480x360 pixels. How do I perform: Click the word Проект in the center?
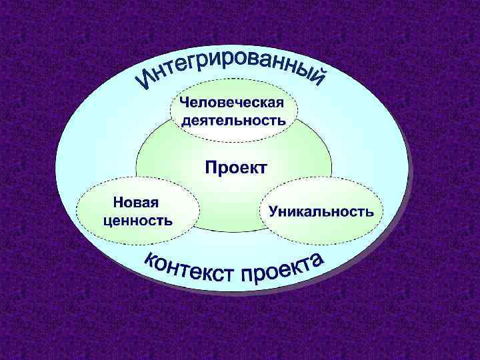pos(235,167)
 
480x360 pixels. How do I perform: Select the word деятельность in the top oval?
pos(234,121)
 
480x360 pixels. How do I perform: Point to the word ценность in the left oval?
pos(138,219)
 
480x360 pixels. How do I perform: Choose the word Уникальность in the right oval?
pos(321,211)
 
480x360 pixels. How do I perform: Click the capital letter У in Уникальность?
pos(273,211)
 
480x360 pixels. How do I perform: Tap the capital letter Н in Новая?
pos(117,201)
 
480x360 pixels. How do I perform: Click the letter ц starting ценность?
pos(109,220)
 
